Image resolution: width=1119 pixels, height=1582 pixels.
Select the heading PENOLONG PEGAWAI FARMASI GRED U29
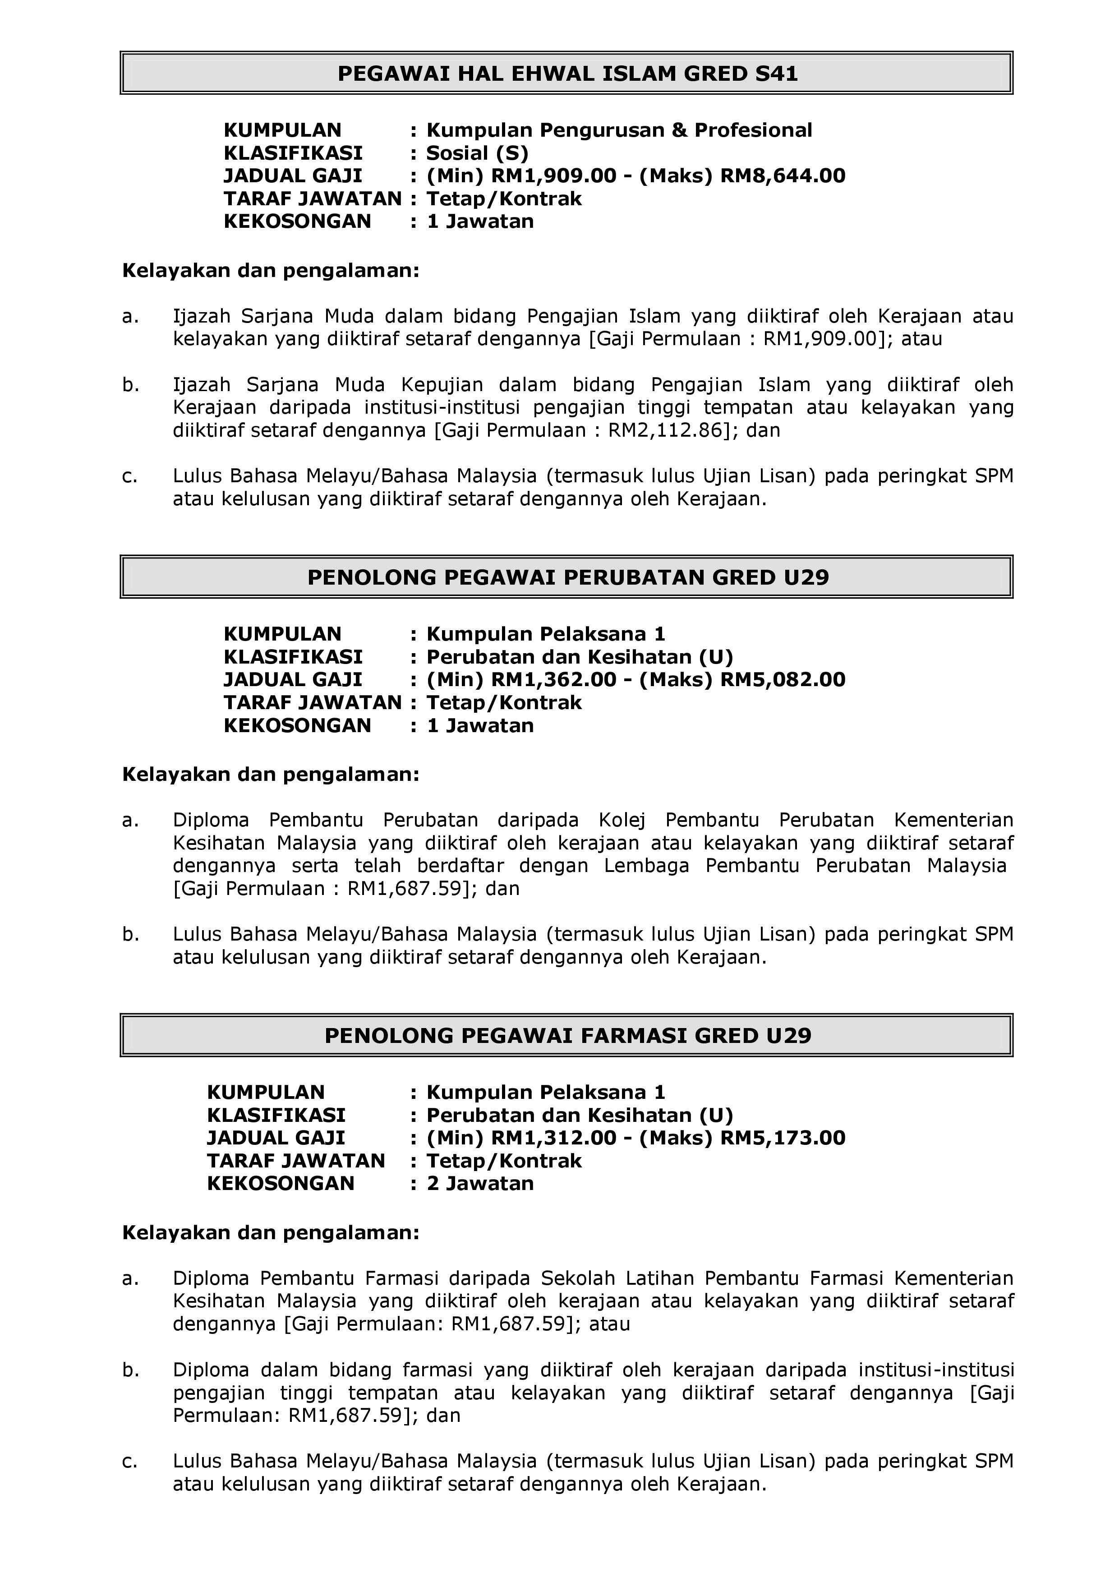(x=568, y=1035)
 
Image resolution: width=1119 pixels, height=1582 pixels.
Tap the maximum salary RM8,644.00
(x=783, y=175)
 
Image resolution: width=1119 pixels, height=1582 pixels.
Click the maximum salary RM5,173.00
(x=783, y=1138)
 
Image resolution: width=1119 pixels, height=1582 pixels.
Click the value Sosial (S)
(x=477, y=153)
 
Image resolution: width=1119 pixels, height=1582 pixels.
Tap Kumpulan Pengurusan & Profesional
(x=619, y=130)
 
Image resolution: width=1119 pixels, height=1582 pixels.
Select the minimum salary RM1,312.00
(x=553, y=1138)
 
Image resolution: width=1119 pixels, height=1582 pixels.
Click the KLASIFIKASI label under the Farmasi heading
(x=276, y=1115)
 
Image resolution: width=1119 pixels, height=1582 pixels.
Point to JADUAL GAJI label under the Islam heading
(x=292, y=175)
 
